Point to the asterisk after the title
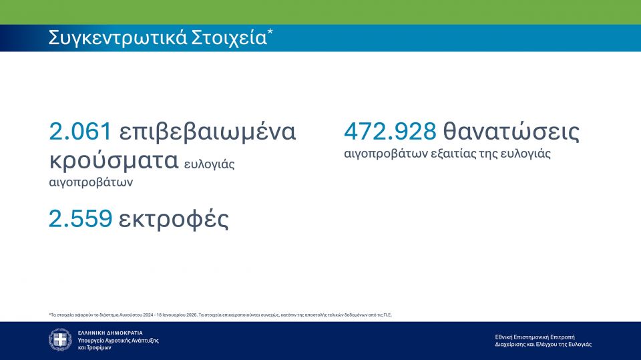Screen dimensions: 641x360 pos(270,31)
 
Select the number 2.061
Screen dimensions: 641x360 pos(80,132)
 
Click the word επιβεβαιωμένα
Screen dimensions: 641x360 pos(207,132)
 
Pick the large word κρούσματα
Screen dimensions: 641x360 pos(114,160)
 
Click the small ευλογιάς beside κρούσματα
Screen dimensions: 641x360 pos(209,164)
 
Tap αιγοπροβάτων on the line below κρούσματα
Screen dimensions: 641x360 pos(91,182)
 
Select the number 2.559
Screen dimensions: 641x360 pos(81,218)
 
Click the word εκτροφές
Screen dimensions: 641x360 pos(174,219)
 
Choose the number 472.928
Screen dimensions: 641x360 pos(390,132)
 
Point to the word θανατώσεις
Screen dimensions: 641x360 pos(511,132)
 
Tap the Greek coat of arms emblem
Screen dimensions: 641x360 pos(60,339)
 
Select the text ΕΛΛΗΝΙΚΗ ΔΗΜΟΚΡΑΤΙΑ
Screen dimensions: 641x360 pos(110,333)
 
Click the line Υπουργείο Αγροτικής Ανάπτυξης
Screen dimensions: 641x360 pos(118,341)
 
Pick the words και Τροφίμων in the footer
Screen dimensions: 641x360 pos(94,348)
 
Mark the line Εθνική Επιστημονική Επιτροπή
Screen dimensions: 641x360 pos(535,337)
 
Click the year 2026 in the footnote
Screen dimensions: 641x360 pos(192,315)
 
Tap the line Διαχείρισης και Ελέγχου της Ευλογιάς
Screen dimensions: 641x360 pos(544,345)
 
